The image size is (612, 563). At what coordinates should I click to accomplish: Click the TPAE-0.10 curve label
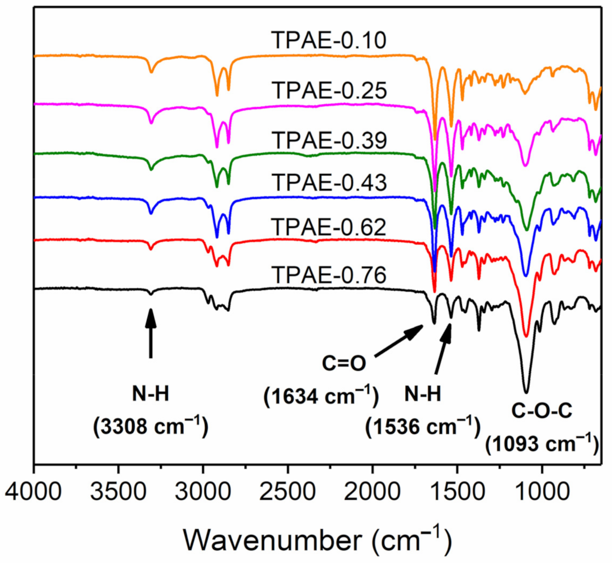point(329,40)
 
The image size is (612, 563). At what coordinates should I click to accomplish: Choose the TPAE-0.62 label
point(329,227)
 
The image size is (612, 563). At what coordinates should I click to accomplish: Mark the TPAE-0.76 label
point(329,275)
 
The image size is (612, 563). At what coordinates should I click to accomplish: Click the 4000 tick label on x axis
point(34,492)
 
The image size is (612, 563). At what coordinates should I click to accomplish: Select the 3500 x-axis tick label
point(118,492)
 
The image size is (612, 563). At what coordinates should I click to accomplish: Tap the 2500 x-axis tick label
point(288,492)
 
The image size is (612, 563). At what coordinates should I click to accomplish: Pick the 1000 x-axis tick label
point(542,492)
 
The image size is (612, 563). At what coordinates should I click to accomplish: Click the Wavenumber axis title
point(317,540)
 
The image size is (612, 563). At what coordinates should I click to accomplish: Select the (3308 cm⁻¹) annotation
point(151,426)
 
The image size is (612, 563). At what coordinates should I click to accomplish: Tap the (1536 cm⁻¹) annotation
point(423,426)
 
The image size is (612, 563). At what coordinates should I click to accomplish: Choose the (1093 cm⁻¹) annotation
point(542,445)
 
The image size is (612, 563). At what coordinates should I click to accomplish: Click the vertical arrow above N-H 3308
point(151,333)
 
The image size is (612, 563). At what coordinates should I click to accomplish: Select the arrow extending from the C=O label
point(399,341)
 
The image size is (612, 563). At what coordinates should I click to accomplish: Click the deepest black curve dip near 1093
point(526,391)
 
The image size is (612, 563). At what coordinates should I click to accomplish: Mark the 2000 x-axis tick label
point(372,492)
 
